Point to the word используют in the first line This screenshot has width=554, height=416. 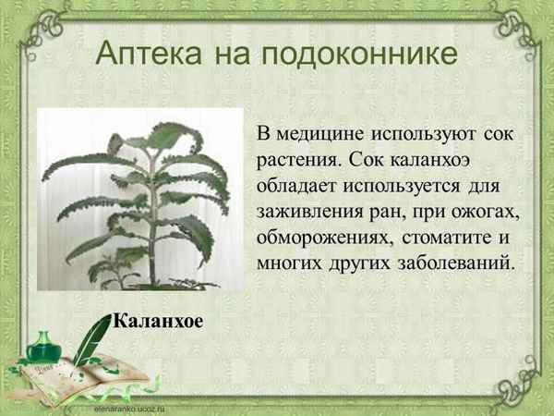tap(435, 134)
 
